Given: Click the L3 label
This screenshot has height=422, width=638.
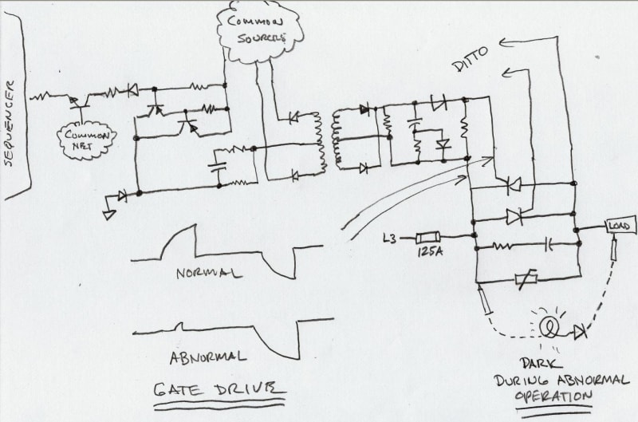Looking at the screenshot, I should click(392, 237).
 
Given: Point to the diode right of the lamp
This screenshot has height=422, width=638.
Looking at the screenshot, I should click(581, 330).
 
